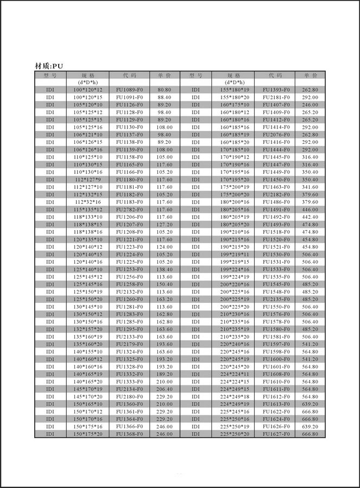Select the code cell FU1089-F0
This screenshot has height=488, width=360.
[x=129, y=90]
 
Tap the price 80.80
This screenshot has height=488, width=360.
[x=165, y=90]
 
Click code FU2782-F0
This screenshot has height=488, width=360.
[x=129, y=210]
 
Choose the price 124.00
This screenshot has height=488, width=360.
[x=165, y=247]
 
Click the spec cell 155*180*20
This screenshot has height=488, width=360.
[x=235, y=97]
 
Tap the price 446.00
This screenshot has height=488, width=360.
[x=310, y=210]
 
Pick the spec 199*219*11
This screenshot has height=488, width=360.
[x=235, y=255]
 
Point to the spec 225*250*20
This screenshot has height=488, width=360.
[x=235, y=434]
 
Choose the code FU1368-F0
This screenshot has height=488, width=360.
[x=129, y=434]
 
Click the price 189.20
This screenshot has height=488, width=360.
[x=165, y=375]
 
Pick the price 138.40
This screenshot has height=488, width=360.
[x=165, y=270]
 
